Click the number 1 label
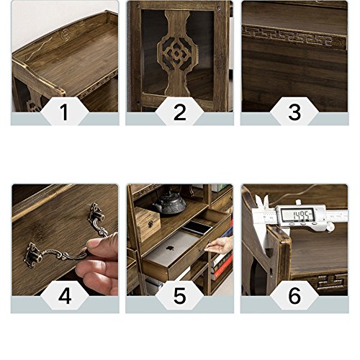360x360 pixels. (64, 112)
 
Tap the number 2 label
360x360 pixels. (179, 112)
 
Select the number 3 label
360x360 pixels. (294, 112)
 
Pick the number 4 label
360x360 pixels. (65, 296)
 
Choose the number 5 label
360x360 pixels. (179, 296)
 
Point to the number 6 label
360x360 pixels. (294, 296)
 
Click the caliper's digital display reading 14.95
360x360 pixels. (298, 215)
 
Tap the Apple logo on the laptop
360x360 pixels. (169, 248)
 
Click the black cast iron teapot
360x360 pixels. (171, 203)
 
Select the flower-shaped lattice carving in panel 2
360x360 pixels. (176, 53)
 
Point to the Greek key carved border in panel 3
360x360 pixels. (294, 37)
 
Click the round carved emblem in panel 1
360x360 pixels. (64, 34)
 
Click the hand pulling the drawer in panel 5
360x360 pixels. (220, 244)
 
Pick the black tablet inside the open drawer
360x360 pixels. (197, 228)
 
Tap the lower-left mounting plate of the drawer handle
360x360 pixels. (33, 255)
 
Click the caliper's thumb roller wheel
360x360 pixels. (331, 226)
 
